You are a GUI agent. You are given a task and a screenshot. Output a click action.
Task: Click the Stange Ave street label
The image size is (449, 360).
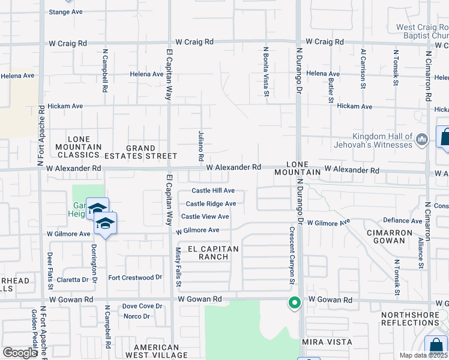[66, 11]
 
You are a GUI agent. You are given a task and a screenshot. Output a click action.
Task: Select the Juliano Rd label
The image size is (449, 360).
[200, 145]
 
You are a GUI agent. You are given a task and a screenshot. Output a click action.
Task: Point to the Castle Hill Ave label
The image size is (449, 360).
[213, 191]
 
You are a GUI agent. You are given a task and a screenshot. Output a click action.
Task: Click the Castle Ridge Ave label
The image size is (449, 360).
[211, 204]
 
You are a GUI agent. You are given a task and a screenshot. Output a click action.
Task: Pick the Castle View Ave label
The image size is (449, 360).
[205, 217]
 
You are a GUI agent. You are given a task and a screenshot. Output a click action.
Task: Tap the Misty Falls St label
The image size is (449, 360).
[178, 265]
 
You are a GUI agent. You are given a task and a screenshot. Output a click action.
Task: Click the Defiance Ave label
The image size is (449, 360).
[402, 221]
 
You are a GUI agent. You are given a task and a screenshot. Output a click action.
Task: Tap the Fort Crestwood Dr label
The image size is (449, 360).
[135, 278]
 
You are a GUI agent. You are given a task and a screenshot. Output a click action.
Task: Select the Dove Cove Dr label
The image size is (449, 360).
[142, 306]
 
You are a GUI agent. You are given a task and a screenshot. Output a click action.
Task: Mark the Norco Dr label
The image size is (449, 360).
[137, 316]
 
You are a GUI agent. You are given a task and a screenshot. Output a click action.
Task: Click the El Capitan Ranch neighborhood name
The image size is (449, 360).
[213, 253]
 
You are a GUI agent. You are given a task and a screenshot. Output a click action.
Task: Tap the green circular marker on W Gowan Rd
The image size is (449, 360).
[294, 303]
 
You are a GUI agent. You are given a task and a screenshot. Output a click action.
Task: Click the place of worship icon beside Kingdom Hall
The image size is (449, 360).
[422, 140]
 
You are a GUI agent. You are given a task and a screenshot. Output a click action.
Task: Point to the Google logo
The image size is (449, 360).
[19, 353]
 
